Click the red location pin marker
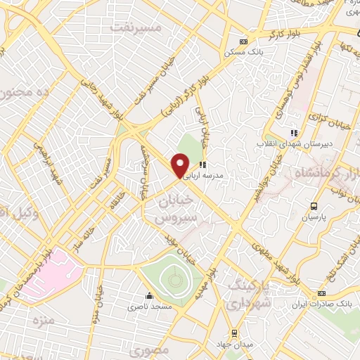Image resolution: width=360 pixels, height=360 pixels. [180, 166]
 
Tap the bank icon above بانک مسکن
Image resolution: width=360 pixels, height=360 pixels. [244, 41]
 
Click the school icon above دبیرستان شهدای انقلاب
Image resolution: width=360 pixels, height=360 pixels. [294, 131]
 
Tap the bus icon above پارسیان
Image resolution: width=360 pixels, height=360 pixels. [314, 206]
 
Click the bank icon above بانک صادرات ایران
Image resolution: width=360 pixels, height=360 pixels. [321, 293]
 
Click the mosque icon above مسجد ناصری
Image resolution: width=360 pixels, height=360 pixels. [148, 295]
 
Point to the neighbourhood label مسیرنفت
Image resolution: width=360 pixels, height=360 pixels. [136, 27]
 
